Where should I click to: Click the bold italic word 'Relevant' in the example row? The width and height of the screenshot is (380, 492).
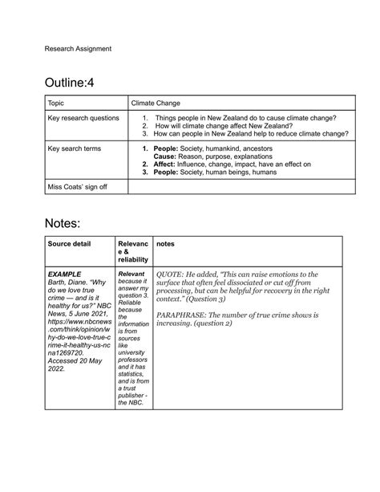point(131,274)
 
